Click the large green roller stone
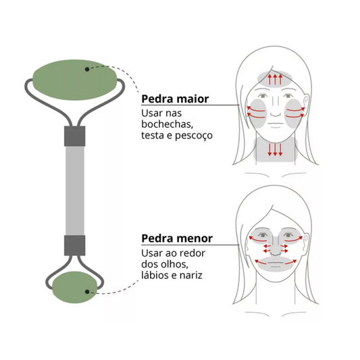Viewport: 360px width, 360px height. [75, 80]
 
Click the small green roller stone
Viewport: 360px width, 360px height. [75, 287]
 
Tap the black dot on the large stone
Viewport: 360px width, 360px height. [87, 69]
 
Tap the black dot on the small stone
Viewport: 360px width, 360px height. [87, 292]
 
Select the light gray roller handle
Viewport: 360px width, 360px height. [75, 190]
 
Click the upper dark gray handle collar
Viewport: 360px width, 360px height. [75, 136]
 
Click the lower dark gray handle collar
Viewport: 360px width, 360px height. [75, 245]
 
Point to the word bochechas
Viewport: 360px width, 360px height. [167, 124]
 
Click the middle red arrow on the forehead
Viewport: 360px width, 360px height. [275, 79]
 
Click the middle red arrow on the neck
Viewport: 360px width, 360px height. [275, 150]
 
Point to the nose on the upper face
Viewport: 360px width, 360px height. [276, 108]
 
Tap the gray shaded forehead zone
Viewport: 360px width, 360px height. [275, 78]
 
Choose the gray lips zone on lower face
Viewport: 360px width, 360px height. [276, 264]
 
